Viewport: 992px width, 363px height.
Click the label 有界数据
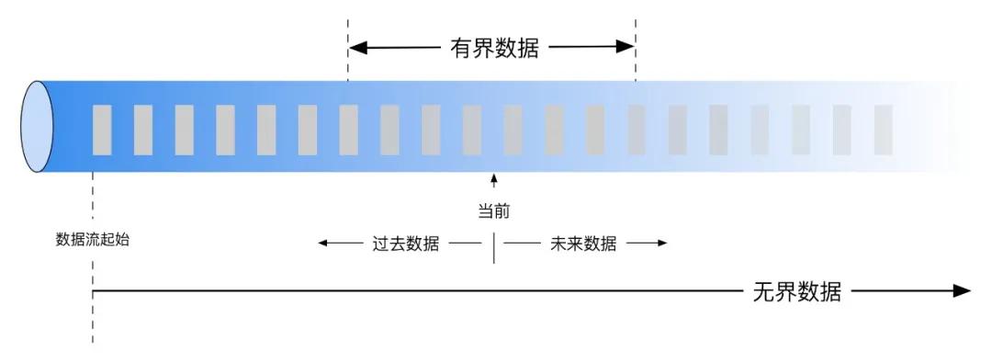click(x=493, y=48)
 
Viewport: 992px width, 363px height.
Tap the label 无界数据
click(x=796, y=292)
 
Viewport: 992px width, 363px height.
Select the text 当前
click(x=493, y=211)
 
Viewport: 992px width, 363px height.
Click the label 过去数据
click(x=405, y=244)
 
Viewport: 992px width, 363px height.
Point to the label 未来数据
click(x=583, y=244)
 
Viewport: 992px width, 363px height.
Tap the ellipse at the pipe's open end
click(x=39, y=127)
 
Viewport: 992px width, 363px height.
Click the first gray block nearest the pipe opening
click(x=102, y=130)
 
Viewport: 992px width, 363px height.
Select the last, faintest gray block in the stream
click(x=883, y=130)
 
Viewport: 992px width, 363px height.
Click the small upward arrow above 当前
click(x=493, y=181)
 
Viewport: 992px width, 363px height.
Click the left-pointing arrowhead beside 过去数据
click(x=323, y=244)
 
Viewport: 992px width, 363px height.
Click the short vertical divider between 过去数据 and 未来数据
click(x=494, y=247)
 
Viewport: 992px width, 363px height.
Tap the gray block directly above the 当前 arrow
click(x=472, y=130)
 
